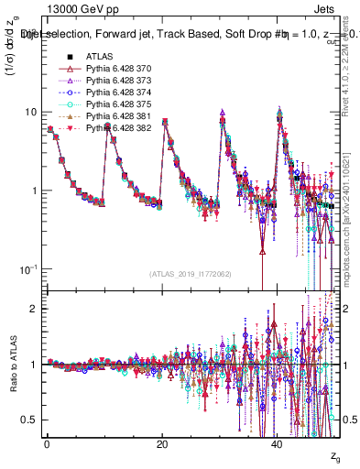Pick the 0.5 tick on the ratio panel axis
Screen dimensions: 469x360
(x=29, y=420)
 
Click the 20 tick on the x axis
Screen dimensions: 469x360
(x=161, y=444)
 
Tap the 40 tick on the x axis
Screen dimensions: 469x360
(x=277, y=444)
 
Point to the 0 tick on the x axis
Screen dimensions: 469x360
(x=46, y=444)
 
